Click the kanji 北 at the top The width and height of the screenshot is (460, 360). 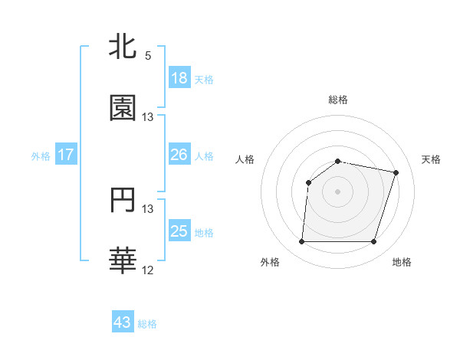(123, 47)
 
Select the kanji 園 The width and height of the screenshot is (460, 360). (123, 108)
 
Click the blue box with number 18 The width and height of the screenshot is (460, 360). (179, 77)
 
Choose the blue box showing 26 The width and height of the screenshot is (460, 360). (179, 155)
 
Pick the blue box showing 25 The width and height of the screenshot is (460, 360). (179, 231)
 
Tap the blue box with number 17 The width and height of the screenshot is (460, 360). (66, 155)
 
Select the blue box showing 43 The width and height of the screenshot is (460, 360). (123, 322)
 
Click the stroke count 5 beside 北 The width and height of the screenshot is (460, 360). (148, 55)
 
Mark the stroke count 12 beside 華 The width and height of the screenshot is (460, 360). (148, 270)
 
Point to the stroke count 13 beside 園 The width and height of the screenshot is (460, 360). (148, 117)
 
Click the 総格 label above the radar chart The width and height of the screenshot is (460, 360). (338, 100)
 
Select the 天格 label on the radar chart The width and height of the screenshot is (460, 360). (431, 159)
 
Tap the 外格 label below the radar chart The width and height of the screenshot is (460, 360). (270, 262)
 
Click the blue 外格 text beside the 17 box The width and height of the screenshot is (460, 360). (41, 155)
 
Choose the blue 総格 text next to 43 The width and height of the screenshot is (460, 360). (148, 324)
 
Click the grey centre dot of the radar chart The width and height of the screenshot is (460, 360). (338, 191)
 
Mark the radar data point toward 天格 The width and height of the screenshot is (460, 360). (396, 173)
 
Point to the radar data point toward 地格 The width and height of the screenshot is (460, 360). (373, 241)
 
